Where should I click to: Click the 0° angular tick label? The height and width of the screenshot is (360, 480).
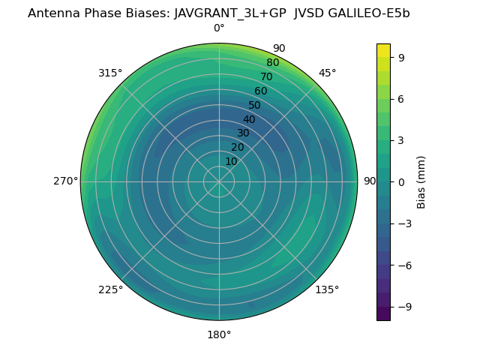pyautogui.click(x=219, y=28)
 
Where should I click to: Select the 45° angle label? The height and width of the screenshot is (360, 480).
pyautogui.click(x=328, y=73)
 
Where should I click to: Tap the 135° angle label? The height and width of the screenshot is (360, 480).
pyautogui.click(x=327, y=289)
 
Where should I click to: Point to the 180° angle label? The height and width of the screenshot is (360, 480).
pyautogui.click(x=219, y=334)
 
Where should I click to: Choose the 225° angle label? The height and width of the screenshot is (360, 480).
pyautogui.click(x=110, y=289)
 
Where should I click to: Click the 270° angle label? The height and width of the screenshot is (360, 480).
pyautogui.click(x=65, y=181)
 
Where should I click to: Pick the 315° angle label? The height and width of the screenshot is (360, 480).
pyautogui.click(x=110, y=73)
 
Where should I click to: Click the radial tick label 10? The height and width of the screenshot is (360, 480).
pyautogui.click(x=231, y=161)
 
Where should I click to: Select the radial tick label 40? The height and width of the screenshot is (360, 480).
pyautogui.click(x=249, y=119)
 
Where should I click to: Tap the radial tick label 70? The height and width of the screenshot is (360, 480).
pyautogui.click(x=266, y=76)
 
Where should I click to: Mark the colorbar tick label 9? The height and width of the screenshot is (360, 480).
pyautogui.click(x=400, y=57)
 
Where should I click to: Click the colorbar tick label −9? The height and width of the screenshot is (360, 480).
pyautogui.click(x=403, y=307)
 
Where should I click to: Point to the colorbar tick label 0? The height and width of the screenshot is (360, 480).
pyautogui.click(x=400, y=181)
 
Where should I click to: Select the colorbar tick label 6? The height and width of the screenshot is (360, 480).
pyautogui.click(x=400, y=98)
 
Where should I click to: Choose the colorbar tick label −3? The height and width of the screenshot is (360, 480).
pyautogui.click(x=403, y=223)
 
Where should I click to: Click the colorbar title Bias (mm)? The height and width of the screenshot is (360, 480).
pyautogui.click(x=421, y=181)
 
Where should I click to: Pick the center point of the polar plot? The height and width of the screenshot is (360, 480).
pyautogui.click(x=219, y=181)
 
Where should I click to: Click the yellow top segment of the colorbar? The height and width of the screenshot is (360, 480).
pyautogui.click(x=383, y=50)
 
